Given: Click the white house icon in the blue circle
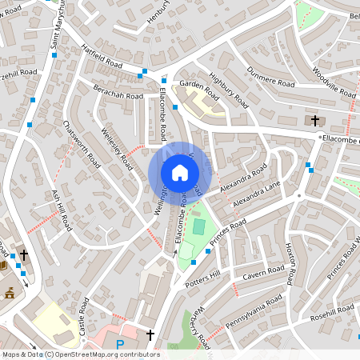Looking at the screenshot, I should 180,172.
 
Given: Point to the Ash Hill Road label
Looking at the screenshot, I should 62,210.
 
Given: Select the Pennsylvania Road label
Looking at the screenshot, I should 254,307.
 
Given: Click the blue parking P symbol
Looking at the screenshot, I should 120,345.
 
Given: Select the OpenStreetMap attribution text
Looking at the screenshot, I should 80,354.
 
